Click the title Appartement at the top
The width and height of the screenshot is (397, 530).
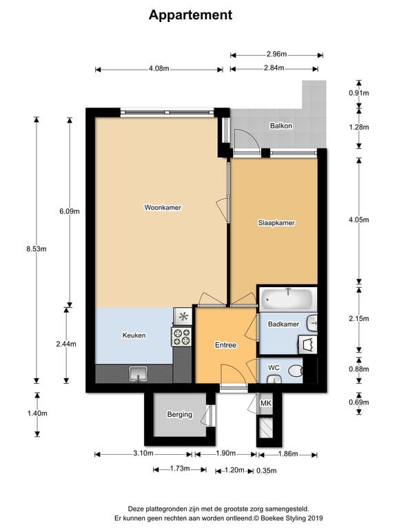pos(190,14)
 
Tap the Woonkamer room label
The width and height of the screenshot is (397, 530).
pos(163,207)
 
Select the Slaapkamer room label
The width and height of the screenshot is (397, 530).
pos(276,223)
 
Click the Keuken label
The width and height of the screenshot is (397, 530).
pos(134,335)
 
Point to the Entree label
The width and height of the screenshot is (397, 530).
pos(225,345)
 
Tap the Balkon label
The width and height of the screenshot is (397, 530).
pos(281,126)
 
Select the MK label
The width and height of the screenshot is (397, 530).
pos(266,403)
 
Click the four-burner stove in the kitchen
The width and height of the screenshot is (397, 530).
pos(181,336)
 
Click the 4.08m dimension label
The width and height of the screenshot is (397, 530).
pos(159,68)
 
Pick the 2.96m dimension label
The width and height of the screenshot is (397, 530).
pos(276,53)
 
